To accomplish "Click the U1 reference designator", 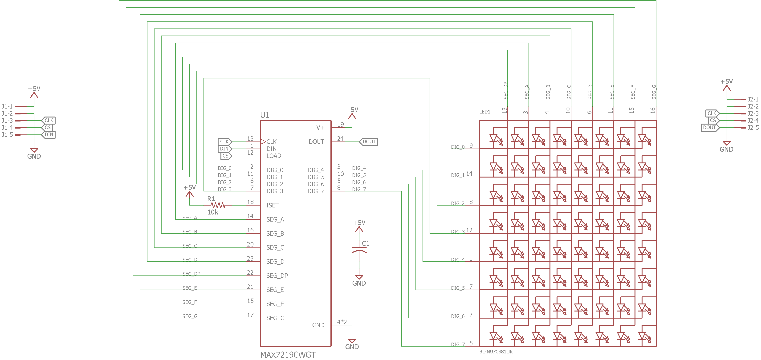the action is [265, 115].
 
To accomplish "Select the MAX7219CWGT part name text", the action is [288, 355].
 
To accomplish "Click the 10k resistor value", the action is [213, 212].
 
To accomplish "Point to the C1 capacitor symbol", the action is [359, 250].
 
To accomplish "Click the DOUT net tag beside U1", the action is [368, 142].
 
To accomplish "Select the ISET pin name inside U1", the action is [272, 205].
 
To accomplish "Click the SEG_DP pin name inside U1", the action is [277, 275].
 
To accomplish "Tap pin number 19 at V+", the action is [341, 125].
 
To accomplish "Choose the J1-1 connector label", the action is [7, 106].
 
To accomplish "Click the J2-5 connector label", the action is [753, 128].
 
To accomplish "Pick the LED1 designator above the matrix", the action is [484, 112].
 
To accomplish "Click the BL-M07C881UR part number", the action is [496, 352].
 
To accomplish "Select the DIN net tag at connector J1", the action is [48, 135].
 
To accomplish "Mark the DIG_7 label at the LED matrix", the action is [458, 344].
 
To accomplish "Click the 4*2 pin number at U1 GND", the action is [342, 322].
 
